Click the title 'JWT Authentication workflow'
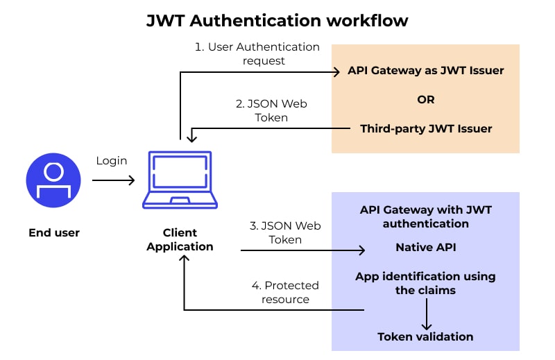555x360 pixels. (277, 21)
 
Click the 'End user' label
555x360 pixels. (53, 233)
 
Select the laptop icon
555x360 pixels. (180, 180)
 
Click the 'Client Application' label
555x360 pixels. (180, 239)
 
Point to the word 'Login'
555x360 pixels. (112, 161)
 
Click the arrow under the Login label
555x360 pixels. (113, 181)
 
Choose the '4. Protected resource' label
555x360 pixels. (284, 292)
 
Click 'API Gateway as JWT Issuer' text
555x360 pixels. (426, 71)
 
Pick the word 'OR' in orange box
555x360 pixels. (426, 99)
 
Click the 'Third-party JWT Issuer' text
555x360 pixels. (426, 128)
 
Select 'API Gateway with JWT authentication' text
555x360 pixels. (426, 216)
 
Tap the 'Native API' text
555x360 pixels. (426, 247)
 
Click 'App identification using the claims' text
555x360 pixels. (426, 283)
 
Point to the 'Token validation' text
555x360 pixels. (426, 337)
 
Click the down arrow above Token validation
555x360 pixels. (426, 315)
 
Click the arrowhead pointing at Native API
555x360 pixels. (361, 250)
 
